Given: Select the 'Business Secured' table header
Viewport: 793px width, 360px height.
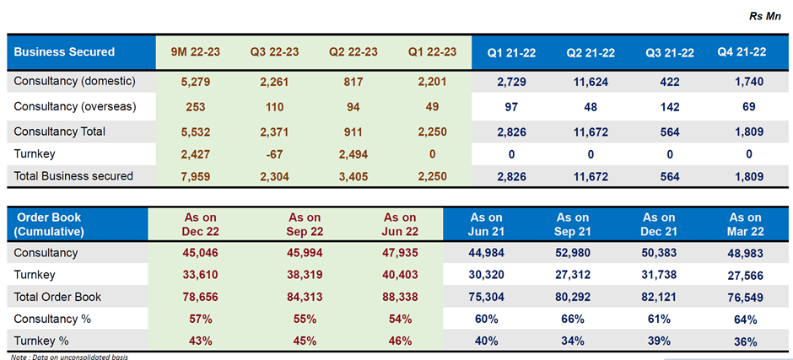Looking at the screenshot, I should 64,52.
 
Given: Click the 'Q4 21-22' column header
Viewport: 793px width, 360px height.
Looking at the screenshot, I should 742,52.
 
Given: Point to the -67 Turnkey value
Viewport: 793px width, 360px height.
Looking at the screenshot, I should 272,153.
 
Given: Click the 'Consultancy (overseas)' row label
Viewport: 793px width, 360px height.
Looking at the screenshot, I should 74,107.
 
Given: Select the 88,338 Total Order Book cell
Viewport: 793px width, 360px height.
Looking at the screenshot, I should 396,296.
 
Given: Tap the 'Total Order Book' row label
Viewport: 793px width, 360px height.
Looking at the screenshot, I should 57,296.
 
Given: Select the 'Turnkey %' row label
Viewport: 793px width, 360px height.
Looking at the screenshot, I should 42,341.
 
